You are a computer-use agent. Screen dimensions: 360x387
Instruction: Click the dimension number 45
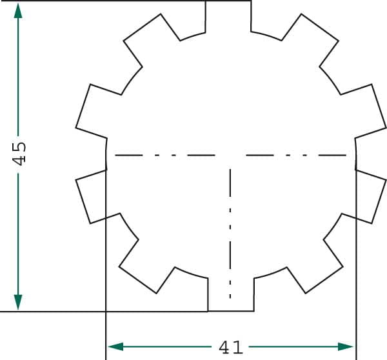(19, 154)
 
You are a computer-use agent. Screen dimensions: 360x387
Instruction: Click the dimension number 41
(231, 348)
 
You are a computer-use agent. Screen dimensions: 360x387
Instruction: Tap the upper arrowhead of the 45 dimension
(18, 10)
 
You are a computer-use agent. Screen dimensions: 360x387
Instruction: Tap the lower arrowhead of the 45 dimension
(18, 302)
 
